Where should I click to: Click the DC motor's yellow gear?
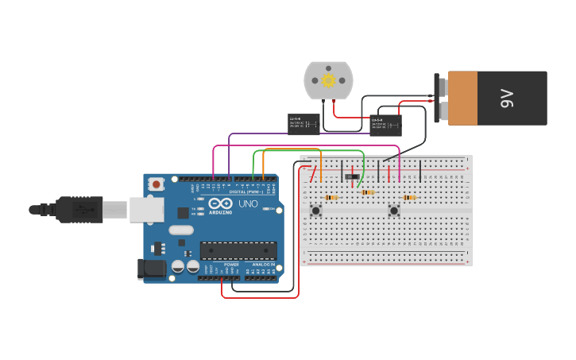(327, 79)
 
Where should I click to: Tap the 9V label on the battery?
(507, 98)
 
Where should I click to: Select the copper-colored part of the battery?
(462, 98)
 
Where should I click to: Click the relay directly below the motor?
(303, 123)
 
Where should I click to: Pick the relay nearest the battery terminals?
(385, 125)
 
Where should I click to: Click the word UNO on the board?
(248, 203)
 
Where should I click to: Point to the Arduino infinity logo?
(219, 203)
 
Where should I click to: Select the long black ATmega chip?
(238, 250)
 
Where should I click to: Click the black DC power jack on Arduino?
(152, 269)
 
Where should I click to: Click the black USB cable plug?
(79, 209)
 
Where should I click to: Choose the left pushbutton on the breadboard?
(315, 211)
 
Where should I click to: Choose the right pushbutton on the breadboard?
(393, 211)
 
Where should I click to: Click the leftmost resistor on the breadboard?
(331, 197)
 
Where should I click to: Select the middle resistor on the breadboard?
(367, 192)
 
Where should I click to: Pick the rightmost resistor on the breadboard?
(409, 197)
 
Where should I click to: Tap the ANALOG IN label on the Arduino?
(263, 265)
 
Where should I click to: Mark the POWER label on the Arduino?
(231, 265)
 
